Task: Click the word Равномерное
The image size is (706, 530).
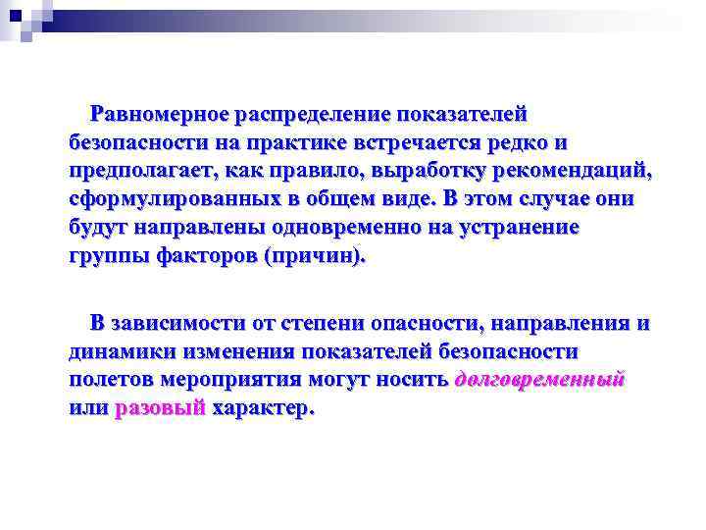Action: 159,115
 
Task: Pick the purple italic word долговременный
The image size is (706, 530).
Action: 540,380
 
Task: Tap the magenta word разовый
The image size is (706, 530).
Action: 160,408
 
